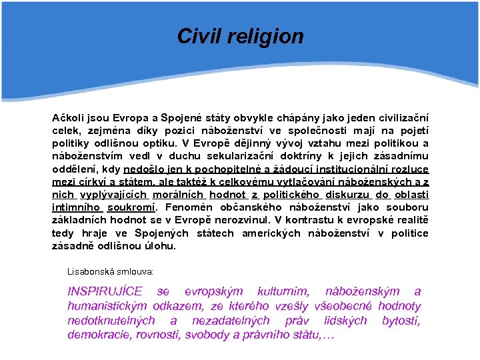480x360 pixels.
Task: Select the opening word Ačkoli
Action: pos(70,118)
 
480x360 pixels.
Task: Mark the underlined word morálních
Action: pos(178,195)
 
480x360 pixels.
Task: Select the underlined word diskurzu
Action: pos(347,195)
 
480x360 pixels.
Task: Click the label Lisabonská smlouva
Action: pos(111,272)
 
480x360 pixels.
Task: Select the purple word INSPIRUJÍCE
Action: pos(105,291)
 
